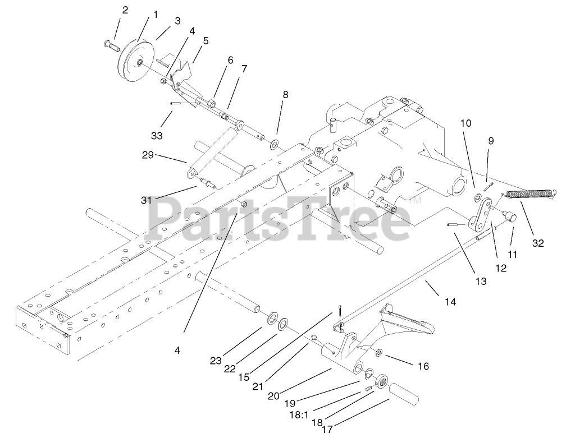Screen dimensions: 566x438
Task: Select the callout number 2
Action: [x=125, y=10]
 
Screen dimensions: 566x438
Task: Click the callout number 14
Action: [x=450, y=302]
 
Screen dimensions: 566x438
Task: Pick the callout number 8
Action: [x=285, y=95]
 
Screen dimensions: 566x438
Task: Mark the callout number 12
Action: [x=501, y=268]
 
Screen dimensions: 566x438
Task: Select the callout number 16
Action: [x=423, y=366]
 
